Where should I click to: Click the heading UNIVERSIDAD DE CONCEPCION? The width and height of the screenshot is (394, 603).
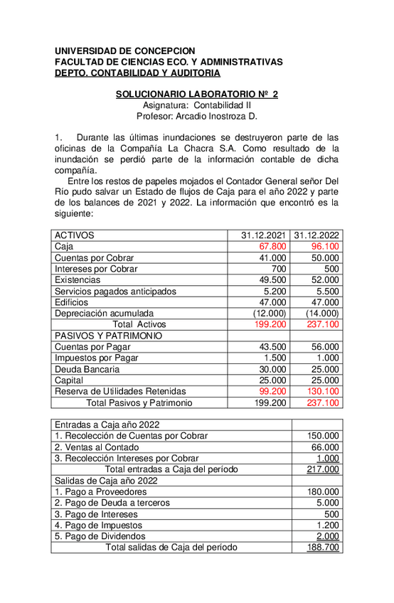124,51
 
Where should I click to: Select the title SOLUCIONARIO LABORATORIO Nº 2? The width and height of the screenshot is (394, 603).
197,94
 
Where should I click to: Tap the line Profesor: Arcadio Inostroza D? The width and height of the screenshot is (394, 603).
196,116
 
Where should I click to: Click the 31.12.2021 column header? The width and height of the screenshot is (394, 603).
264,235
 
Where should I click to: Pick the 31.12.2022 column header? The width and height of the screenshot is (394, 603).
316,235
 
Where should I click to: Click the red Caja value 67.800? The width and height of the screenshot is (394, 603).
273,247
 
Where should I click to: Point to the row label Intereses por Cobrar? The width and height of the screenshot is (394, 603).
96,270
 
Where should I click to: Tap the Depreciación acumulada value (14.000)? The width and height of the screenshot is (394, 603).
322,314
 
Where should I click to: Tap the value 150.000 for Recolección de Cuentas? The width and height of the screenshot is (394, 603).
323,436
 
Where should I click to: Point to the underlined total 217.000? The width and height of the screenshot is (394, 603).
323,469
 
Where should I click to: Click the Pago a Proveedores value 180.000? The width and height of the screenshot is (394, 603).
323,491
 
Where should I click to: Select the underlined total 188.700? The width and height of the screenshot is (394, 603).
323,548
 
